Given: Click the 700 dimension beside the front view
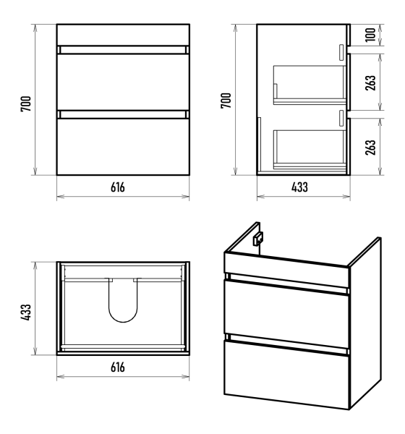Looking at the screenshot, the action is pos(26,103).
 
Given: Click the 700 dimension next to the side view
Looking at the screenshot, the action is pos(226,101).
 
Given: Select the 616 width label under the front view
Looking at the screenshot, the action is pos(118,187).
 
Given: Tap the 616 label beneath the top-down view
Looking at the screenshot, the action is pos(118,367).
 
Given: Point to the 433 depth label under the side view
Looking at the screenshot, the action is pos(299,187).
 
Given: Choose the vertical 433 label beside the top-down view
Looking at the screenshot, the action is pos(26,312).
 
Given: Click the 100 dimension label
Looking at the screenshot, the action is pos(370,35).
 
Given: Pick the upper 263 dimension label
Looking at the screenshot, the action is pos(370,82).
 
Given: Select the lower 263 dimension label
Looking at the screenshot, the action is pos(370,148).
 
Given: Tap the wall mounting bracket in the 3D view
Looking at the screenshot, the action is pos(257,239).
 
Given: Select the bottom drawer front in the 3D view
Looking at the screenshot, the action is pos(286,375).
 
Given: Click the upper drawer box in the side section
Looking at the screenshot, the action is pos(310,85).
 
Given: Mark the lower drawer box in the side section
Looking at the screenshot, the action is pos(310,150).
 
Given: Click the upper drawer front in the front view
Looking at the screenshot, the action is pos(123,82).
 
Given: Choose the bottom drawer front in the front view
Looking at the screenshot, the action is pos(123,147).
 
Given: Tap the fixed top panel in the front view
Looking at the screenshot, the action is pos(123,35).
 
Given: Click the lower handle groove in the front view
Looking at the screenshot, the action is pos(123,114).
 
